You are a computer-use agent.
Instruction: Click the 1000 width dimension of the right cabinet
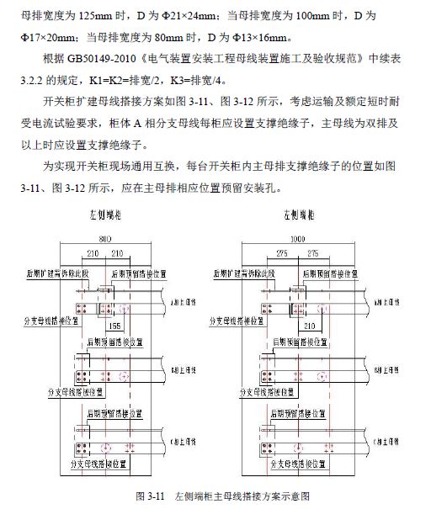[x=296, y=239]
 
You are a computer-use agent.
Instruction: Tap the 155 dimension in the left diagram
[x=116, y=325]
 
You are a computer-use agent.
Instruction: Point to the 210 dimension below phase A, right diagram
[x=308, y=325]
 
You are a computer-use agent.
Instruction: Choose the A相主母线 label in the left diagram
[x=184, y=300]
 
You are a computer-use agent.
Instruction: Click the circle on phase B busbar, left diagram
[x=123, y=374]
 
